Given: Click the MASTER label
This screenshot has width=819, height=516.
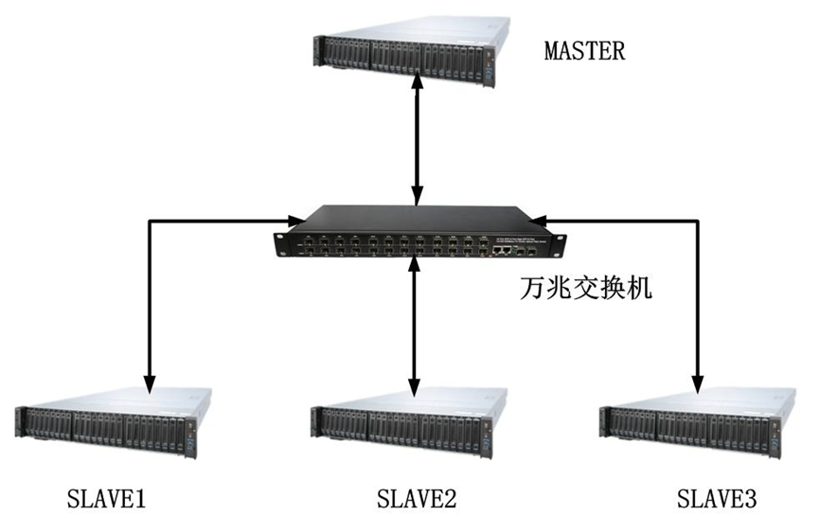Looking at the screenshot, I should click(x=584, y=50).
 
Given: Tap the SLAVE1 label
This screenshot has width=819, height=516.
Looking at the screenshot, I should click(x=106, y=497).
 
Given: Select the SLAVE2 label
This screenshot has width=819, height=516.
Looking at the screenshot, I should click(x=418, y=497).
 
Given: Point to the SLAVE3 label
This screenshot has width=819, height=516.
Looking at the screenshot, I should click(x=717, y=497).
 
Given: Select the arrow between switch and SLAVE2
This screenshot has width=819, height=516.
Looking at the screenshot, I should click(x=413, y=327).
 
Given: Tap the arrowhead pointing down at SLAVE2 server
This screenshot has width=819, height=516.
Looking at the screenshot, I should click(x=413, y=389).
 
